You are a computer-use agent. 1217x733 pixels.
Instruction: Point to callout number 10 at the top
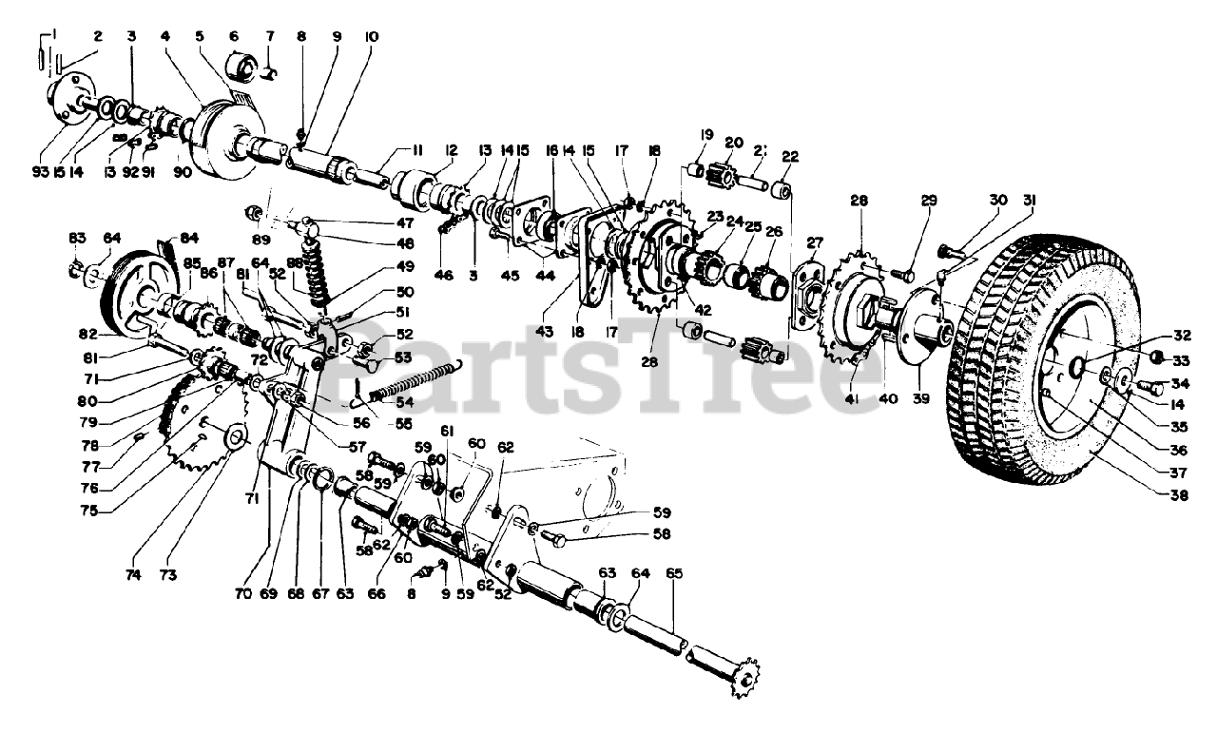(371, 37)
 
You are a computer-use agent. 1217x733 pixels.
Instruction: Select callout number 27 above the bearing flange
(815, 242)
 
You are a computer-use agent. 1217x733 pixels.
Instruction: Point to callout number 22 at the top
(790, 157)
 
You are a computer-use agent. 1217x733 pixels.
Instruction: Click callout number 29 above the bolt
(929, 201)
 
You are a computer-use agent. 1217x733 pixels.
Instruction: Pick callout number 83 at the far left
(76, 236)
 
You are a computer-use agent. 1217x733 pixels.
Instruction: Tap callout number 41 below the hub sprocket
(851, 400)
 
